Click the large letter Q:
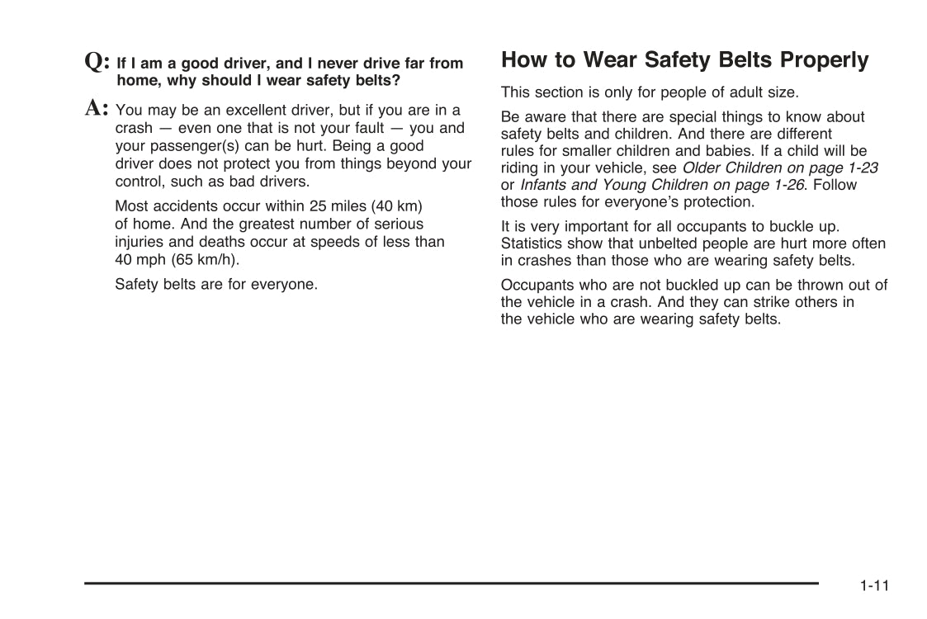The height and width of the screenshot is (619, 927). click(97, 62)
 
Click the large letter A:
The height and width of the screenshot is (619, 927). click(97, 108)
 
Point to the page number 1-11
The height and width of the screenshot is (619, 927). click(873, 586)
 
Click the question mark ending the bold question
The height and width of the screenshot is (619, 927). click(396, 81)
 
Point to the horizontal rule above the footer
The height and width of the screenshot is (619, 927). click(451, 584)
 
